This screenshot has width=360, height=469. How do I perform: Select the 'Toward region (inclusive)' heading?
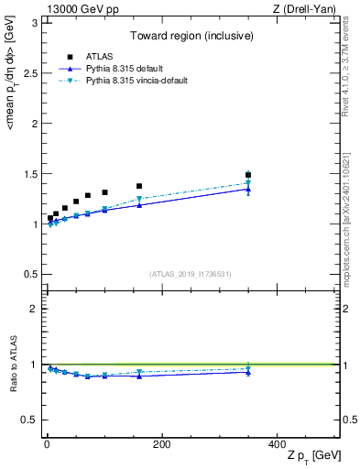(x=191, y=37)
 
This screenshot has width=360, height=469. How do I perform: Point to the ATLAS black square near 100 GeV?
(x=104, y=192)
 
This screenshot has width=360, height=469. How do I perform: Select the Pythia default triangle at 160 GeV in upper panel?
(x=139, y=205)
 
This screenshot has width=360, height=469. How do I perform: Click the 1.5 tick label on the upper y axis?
(x=29, y=173)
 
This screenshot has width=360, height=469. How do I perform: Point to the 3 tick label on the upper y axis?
(x=34, y=22)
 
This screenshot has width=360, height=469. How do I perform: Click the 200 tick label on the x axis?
(x=161, y=444)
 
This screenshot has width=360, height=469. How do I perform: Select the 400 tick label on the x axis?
(x=277, y=444)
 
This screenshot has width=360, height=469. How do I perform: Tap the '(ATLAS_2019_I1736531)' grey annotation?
(x=191, y=274)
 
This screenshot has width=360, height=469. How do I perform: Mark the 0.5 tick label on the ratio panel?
(x=29, y=420)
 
